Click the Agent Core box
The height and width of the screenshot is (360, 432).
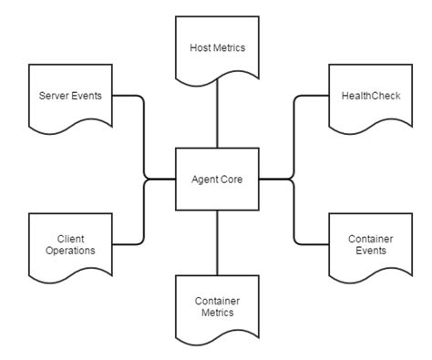217,180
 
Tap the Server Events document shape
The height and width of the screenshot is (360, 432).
71,95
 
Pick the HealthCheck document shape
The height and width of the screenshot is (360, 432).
363,95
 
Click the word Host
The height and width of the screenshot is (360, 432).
201,47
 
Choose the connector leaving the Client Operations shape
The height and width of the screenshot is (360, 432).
143,219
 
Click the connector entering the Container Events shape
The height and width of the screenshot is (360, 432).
293,219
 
